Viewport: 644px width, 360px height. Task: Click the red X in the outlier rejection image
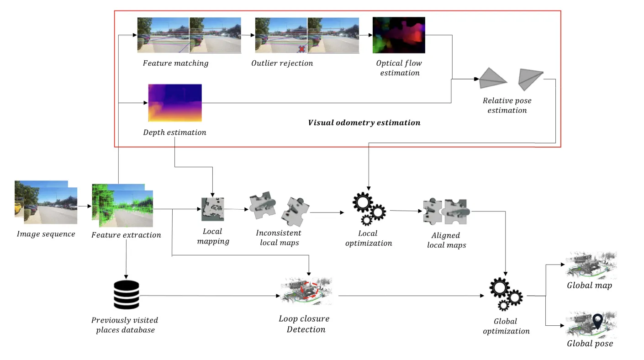point(302,48)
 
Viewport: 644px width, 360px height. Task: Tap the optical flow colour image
point(399,35)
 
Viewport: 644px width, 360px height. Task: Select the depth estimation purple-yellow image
point(174,103)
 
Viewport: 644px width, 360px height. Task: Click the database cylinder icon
point(126,295)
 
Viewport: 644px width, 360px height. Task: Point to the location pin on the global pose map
point(597,321)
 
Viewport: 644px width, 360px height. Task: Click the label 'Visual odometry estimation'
point(364,122)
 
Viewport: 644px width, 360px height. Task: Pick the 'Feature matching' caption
point(175,63)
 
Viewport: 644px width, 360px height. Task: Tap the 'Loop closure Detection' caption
point(304,324)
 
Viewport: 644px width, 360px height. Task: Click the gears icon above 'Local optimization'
point(369,209)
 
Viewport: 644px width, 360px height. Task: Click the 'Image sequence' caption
point(46,234)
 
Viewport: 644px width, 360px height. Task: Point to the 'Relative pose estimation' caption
point(507,105)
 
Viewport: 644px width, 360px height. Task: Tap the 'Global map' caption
point(589,286)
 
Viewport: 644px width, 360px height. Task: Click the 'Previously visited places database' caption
point(125,325)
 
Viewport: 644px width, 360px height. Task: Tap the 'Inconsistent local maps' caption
point(279,238)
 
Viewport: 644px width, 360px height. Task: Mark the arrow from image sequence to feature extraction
point(84,206)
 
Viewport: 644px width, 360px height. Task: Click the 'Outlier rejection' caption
point(282,63)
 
